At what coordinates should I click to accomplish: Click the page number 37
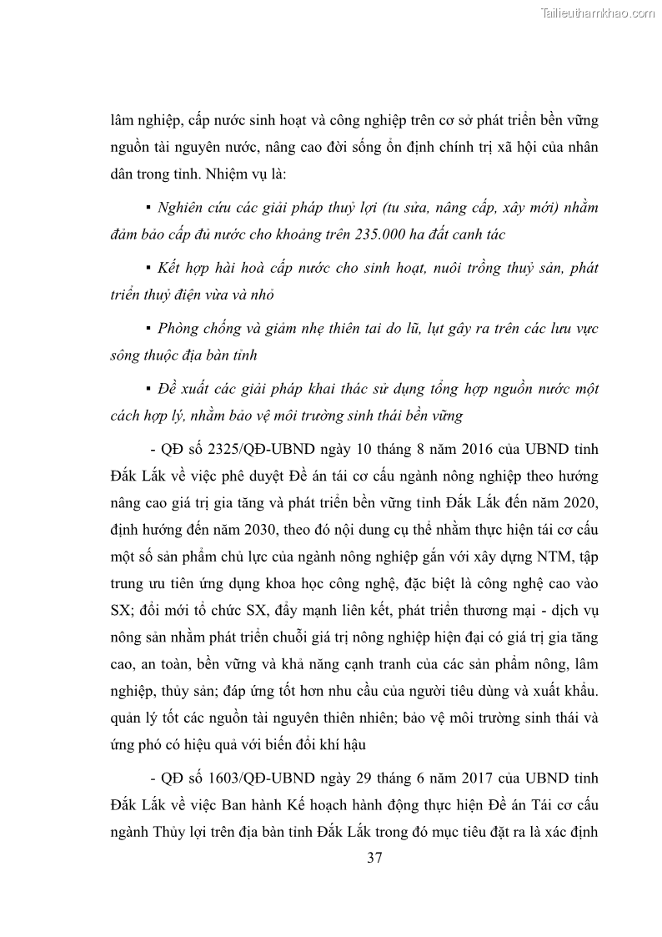[374, 857]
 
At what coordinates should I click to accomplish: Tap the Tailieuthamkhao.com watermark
[598, 13]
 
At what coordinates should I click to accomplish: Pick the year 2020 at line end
[577, 503]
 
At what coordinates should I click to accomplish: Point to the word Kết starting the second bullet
[170, 268]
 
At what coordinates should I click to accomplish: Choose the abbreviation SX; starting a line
[123, 609]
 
